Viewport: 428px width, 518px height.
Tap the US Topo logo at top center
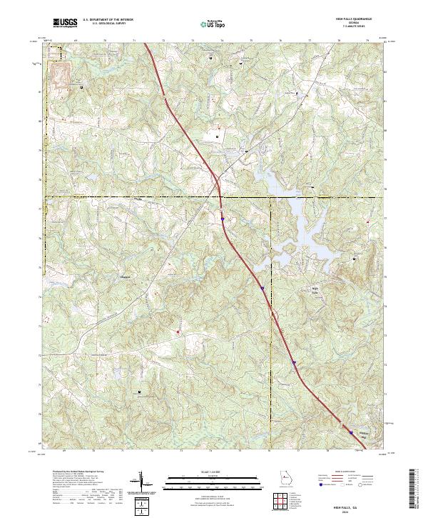[x=209, y=24]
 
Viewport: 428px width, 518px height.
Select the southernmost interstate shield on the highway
[x=350, y=430]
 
